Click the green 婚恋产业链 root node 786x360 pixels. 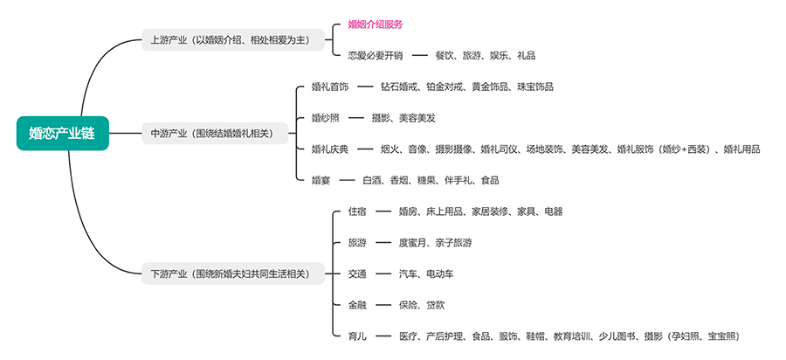pos(63,134)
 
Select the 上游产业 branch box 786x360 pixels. pos(233,39)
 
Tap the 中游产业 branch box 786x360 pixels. pos(215,134)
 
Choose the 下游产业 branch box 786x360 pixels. pos(233,273)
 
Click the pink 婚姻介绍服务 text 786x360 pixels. pos(376,24)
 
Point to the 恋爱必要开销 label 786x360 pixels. pos(376,56)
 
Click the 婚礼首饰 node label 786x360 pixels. pos(330,87)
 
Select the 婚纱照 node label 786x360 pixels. pos(326,118)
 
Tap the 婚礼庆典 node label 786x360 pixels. pos(330,149)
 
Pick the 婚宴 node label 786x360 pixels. pos(321,180)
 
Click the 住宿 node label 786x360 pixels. pos(357,211)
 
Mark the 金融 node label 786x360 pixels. pos(357,305)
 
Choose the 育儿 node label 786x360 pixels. pos(357,336)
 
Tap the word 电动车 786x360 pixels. pos(439,273)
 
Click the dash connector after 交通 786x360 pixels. pos(383,273)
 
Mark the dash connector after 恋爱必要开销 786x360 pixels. pos(420,56)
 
